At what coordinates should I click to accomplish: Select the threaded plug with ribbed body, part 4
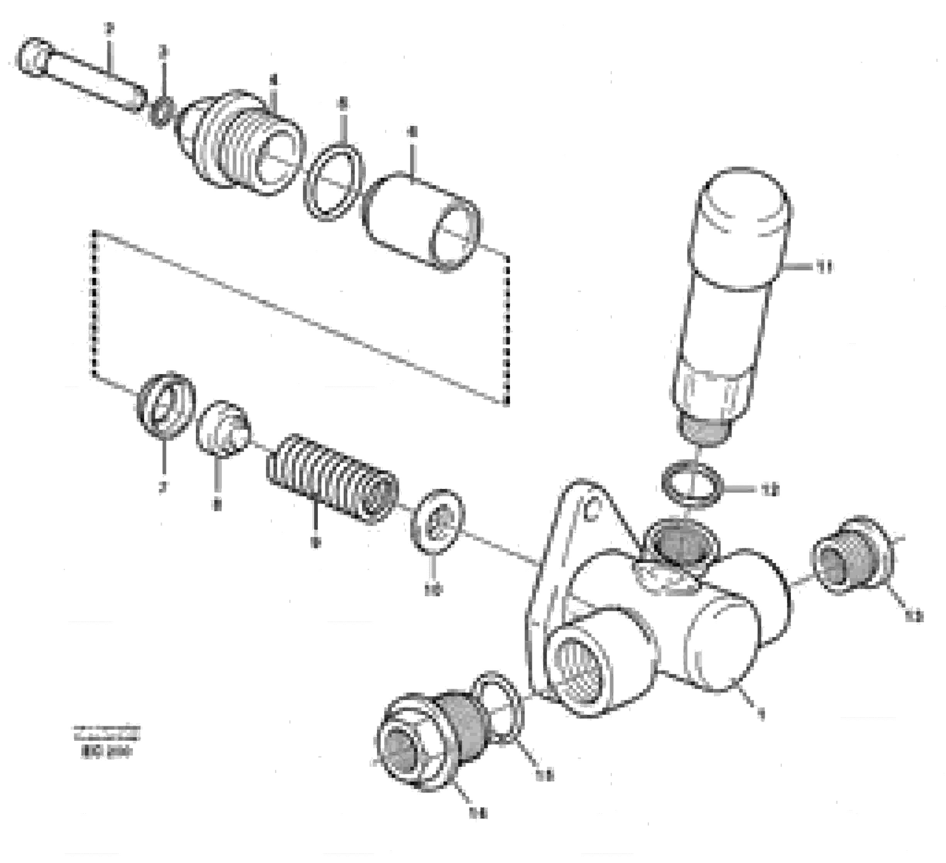[x=239, y=141]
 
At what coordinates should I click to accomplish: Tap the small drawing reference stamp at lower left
[x=107, y=742]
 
